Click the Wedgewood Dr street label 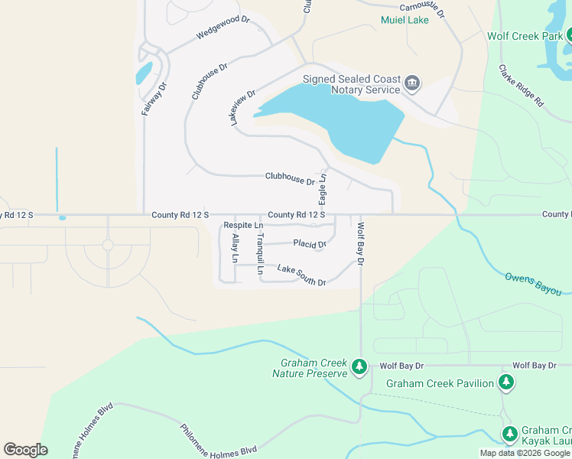(x=223, y=28)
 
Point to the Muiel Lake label (x=405, y=19)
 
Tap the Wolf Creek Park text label (x=525, y=36)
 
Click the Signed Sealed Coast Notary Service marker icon (x=412, y=83)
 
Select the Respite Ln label (x=243, y=226)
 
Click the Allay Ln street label (x=235, y=249)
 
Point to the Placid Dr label (x=310, y=244)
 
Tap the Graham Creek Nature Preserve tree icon (x=359, y=369)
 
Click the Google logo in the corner (x=25, y=449)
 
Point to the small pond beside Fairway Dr (x=144, y=73)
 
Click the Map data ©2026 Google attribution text (x=525, y=453)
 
